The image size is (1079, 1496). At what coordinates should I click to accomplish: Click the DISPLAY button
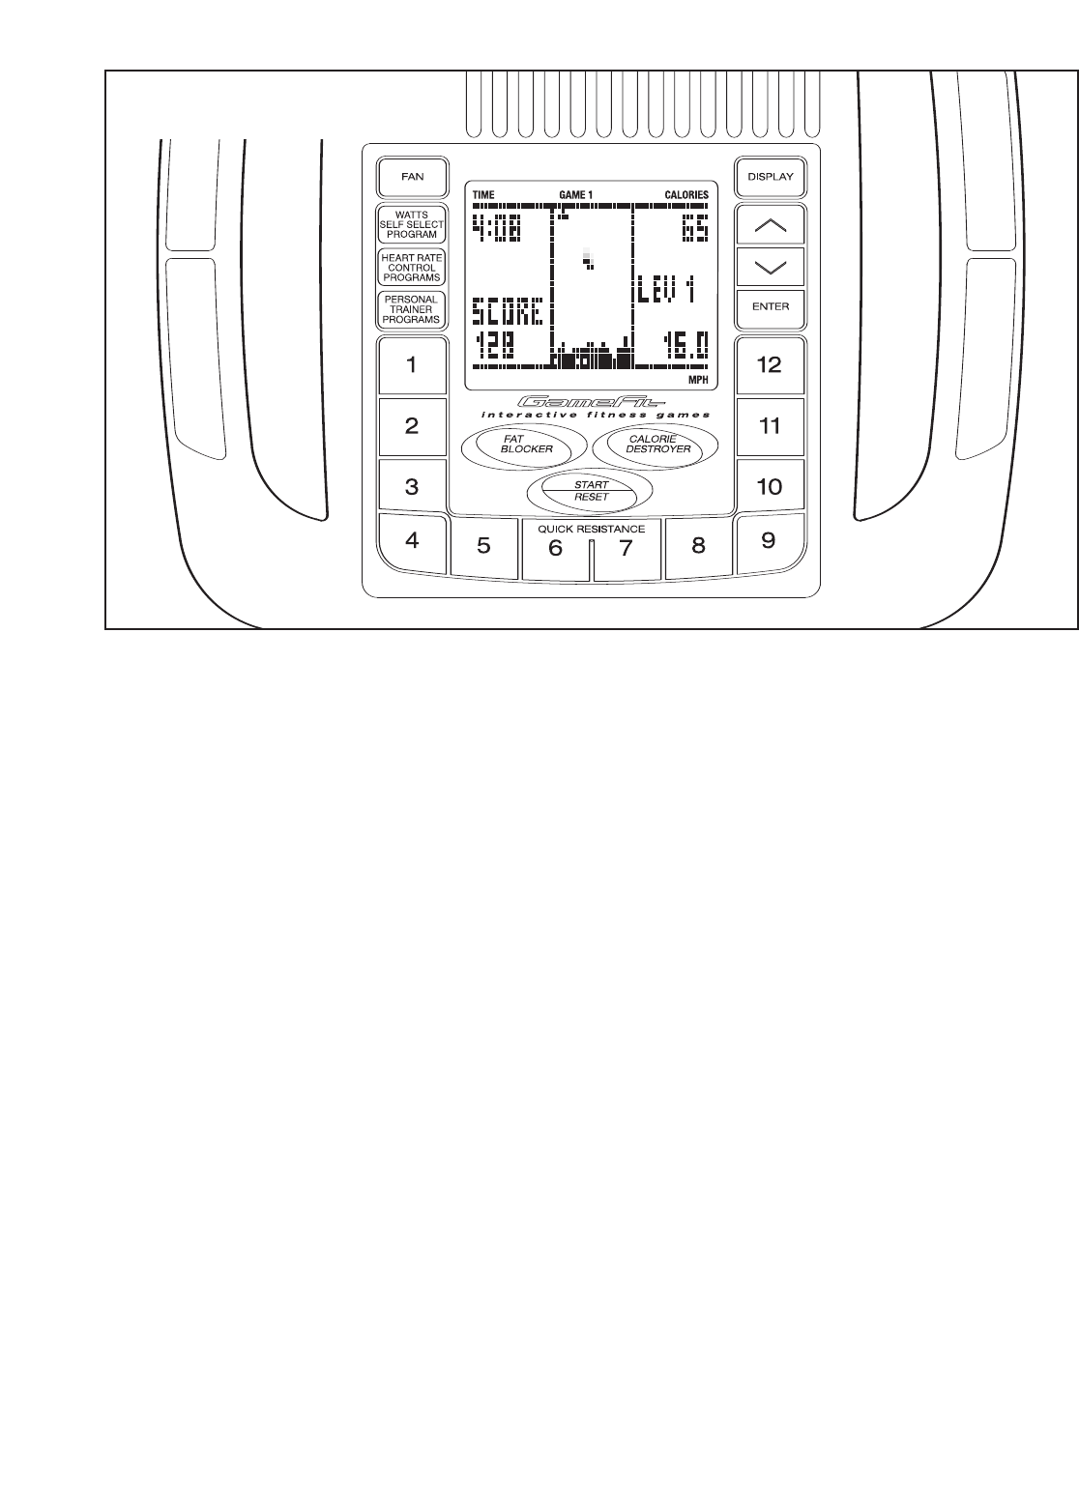tap(770, 178)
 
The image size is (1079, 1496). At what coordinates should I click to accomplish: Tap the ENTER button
tap(770, 307)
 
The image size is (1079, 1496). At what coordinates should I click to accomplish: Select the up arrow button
tap(770, 226)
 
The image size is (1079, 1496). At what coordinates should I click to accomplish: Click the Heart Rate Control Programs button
tap(412, 269)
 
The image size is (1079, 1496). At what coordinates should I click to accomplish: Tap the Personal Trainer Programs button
tap(412, 309)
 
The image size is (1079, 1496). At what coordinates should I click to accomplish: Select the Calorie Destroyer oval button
tap(657, 445)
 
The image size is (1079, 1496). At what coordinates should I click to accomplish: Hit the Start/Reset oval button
tap(591, 491)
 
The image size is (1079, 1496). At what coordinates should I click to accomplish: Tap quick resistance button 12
tap(770, 366)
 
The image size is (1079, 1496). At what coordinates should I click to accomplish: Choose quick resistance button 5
tap(483, 547)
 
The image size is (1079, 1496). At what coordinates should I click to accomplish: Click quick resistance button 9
tap(769, 541)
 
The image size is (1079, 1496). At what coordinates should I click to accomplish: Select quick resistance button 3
tap(412, 487)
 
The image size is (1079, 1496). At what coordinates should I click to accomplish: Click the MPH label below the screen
tap(698, 381)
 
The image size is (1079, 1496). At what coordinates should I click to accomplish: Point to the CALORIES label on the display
tap(685, 195)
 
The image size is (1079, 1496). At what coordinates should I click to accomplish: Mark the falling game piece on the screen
tap(587, 258)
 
